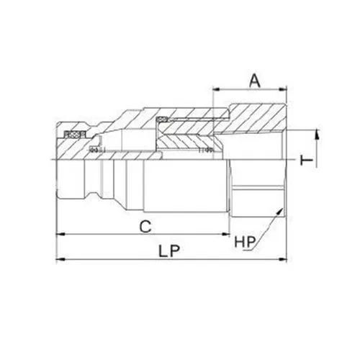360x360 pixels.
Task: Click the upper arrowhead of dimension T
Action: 315,134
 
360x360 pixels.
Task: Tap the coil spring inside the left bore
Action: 95,150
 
